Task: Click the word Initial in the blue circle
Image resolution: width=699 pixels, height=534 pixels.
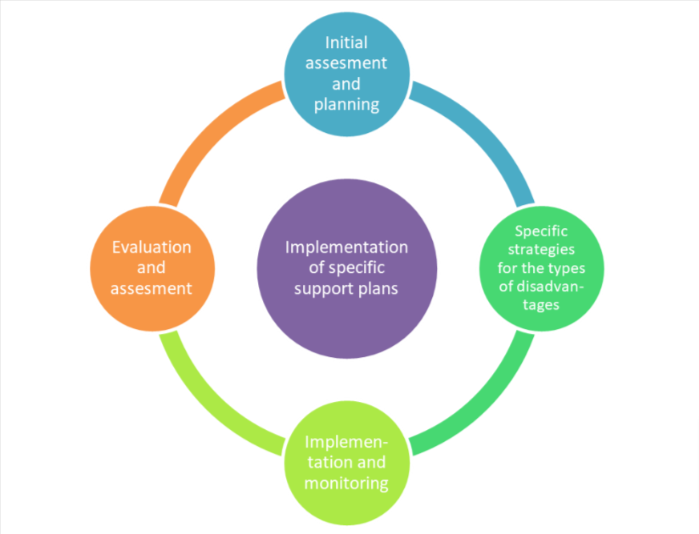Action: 346,42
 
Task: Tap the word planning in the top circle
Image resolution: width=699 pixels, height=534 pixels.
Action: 346,104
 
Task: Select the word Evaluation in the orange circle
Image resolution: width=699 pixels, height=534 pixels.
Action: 152,247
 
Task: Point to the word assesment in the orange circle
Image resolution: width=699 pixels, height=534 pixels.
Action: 152,288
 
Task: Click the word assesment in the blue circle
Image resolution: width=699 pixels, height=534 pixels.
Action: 346,62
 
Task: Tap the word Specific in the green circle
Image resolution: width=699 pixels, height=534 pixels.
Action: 541,231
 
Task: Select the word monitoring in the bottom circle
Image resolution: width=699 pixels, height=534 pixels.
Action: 346,484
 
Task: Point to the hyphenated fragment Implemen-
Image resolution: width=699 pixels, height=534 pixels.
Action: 346,443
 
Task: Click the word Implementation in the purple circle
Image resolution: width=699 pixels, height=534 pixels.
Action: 346,247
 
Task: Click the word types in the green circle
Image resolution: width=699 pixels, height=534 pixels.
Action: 566,268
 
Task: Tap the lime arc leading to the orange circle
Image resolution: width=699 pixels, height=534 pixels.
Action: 212,396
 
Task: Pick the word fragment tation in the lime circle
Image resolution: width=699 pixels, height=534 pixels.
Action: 325,463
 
